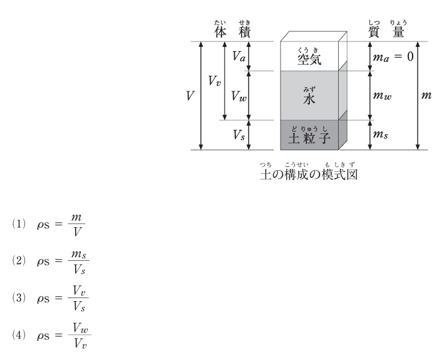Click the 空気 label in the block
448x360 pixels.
(309, 59)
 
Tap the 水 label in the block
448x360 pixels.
(309, 99)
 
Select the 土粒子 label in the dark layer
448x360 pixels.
(309, 138)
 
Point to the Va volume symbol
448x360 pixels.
(239, 56)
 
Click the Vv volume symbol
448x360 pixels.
(214, 81)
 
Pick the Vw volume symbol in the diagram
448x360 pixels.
(239, 96)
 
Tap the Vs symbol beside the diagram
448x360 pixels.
(239, 135)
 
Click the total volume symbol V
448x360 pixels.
(190, 96)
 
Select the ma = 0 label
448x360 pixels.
(393, 57)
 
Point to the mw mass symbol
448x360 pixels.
(383, 96)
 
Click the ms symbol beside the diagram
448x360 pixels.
(381, 134)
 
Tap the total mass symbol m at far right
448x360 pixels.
(426, 95)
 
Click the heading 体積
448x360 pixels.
(232, 32)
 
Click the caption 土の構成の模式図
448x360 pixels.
(309, 174)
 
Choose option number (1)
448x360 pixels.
(19, 224)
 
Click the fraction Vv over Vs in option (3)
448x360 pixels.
(79, 298)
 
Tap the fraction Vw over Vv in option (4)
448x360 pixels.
(80, 335)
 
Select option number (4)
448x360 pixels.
(19, 335)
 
